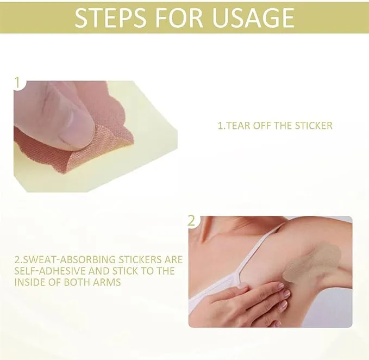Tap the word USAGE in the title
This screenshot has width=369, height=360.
tap(253, 18)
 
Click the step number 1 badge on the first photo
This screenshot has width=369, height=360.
tap(17, 83)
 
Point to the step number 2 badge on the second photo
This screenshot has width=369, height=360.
tap(192, 221)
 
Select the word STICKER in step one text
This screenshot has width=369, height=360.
tap(314, 126)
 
